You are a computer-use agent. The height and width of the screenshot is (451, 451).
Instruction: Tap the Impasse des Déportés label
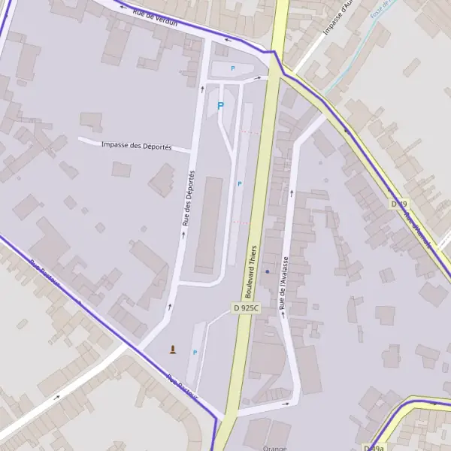[136, 145]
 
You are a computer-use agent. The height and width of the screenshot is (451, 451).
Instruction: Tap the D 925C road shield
[246, 308]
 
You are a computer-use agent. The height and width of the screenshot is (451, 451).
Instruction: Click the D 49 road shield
[399, 204]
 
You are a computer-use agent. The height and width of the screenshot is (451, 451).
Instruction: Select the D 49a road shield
[374, 448]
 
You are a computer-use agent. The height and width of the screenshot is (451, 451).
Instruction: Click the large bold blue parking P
[220, 106]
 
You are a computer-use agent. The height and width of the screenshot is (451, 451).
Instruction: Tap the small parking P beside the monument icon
[195, 352]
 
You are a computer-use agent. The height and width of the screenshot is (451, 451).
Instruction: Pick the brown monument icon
[173, 349]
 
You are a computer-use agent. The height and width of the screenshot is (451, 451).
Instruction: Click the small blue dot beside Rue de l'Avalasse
[267, 271]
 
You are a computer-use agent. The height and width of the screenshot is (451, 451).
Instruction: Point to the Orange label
[275, 448]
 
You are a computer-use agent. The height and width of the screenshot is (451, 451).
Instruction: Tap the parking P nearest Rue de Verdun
[232, 68]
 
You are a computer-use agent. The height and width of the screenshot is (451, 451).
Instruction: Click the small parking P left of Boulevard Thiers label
[240, 183]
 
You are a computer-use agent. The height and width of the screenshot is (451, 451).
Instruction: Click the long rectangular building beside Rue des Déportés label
[209, 225]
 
